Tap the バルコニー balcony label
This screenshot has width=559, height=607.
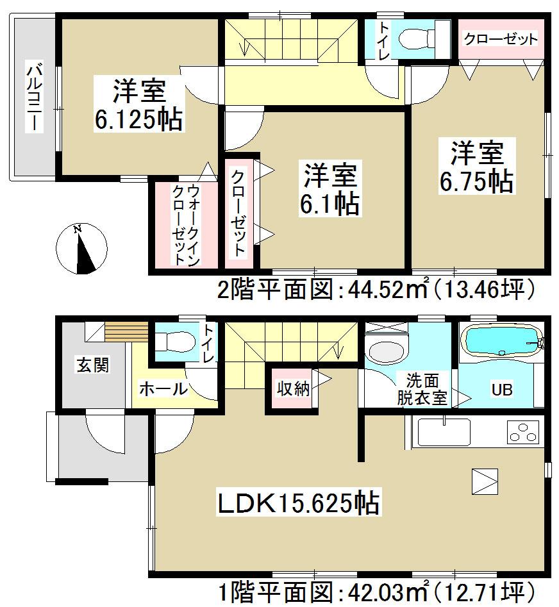tap(33, 97)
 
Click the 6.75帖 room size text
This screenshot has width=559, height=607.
tap(476, 181)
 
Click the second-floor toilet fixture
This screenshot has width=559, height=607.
tap(417, 38)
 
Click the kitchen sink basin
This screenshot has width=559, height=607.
tap(444, 433)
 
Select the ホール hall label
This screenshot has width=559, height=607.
tap(163, 388)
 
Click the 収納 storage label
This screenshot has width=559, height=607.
tap(293, 388)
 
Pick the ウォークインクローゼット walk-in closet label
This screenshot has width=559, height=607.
tap(185, 224)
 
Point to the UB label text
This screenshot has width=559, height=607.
tap(501, 390)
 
